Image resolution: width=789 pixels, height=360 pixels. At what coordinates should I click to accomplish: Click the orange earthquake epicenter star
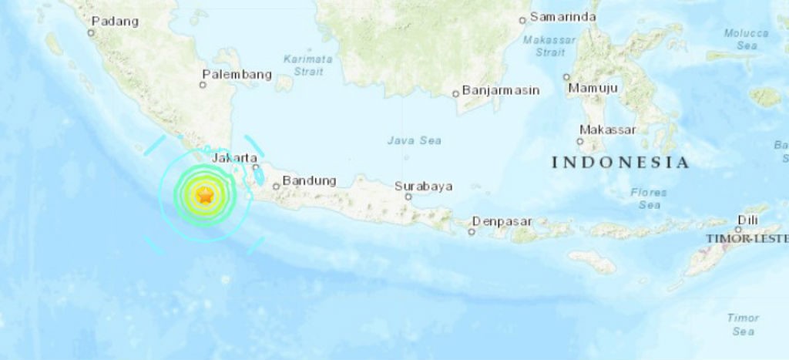click(x=205, y=196)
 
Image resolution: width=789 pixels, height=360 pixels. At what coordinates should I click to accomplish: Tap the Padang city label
click(x=114, y=22)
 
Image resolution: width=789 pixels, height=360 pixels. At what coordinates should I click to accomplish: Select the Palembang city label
click(x=237, y=75)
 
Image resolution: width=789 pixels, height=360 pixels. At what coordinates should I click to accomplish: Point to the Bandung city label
click(x=309, y=181)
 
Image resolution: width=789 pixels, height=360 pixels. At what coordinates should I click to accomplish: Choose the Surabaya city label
click(x=423, y=186)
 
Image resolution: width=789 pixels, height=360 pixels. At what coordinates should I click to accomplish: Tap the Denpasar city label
click(x=502, y=221)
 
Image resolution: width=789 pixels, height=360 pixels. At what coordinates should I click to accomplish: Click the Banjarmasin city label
click(x=501, y=90)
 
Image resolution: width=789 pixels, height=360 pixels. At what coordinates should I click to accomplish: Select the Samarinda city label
click(x=558, y=17)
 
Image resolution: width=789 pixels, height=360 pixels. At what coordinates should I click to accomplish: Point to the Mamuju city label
click(x=593, y=89)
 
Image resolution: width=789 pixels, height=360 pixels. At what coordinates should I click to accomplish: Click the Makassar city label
click(x=607, y=130)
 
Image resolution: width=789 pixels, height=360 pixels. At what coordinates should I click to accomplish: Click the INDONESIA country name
click(x=620, y=163)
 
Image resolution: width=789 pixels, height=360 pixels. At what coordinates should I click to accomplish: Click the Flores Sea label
click(x=648, y=199)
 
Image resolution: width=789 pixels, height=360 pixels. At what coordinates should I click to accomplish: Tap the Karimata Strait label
click(x=307, y=65)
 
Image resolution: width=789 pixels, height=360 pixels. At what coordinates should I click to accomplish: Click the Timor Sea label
click(x=743, y=324)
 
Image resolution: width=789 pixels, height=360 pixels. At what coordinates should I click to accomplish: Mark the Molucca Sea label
click(x=746, y=39)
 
